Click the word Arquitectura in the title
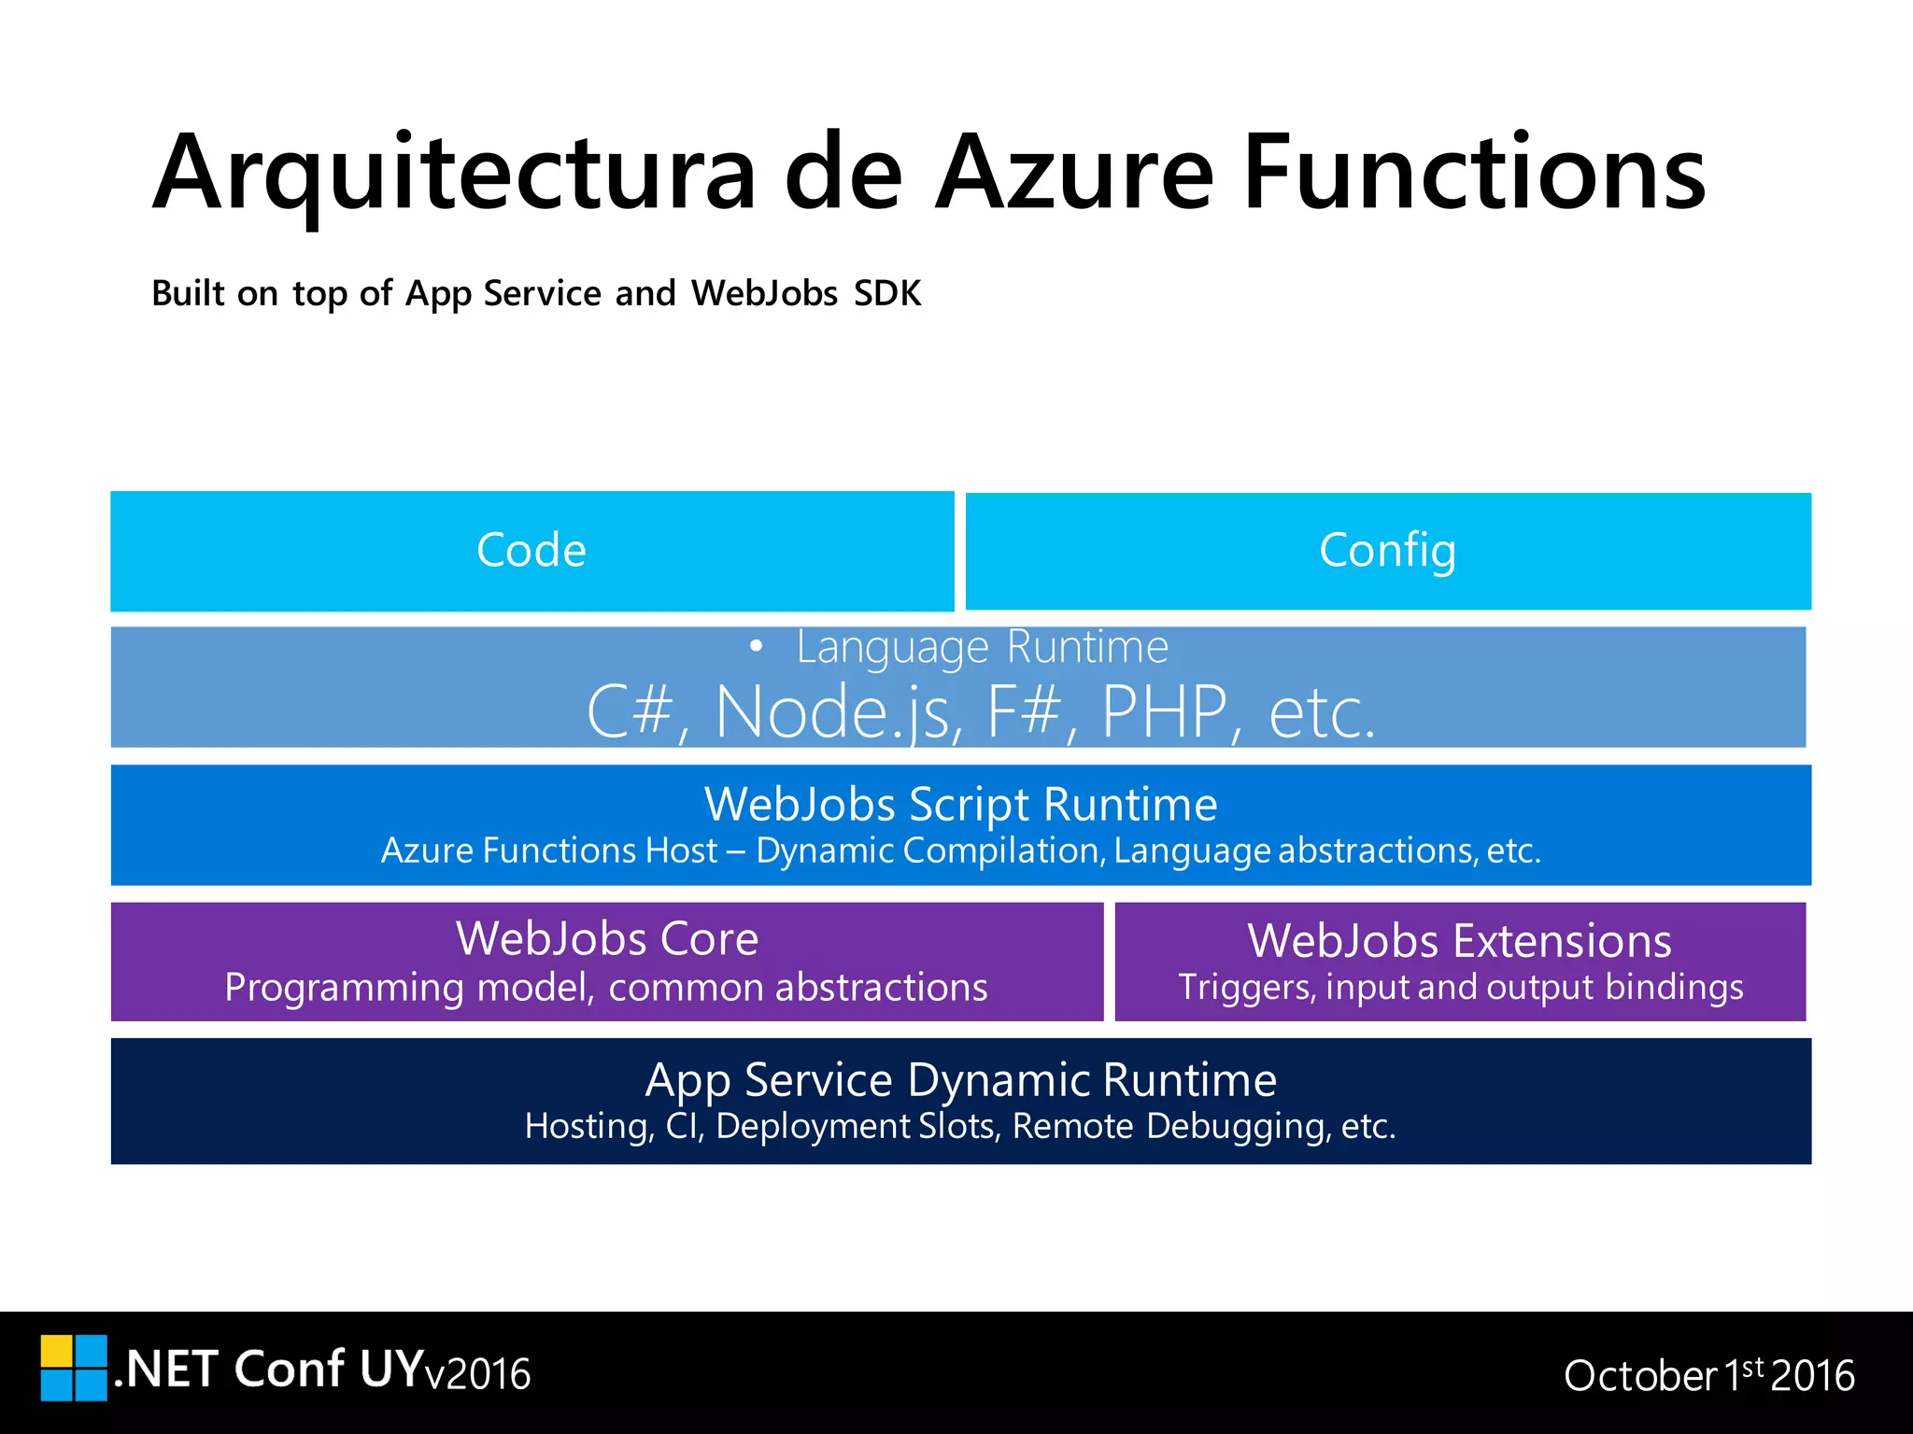(x=454, y=175)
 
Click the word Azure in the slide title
(x=1074, y=175)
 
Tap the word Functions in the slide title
(x=1474, y=175)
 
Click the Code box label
(x=531, y=550)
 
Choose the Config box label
(x=1387, y=550)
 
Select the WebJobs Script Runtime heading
(x=960, y=804)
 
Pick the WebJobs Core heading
(x=607, y=938)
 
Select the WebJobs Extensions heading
(x=1459, y=940)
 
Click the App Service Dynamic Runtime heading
(x=960, y=1080)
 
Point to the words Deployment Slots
(x=857, y=1126)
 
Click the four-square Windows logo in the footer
(x=74, y=1368)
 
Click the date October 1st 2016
(x=1708, y=1375)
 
